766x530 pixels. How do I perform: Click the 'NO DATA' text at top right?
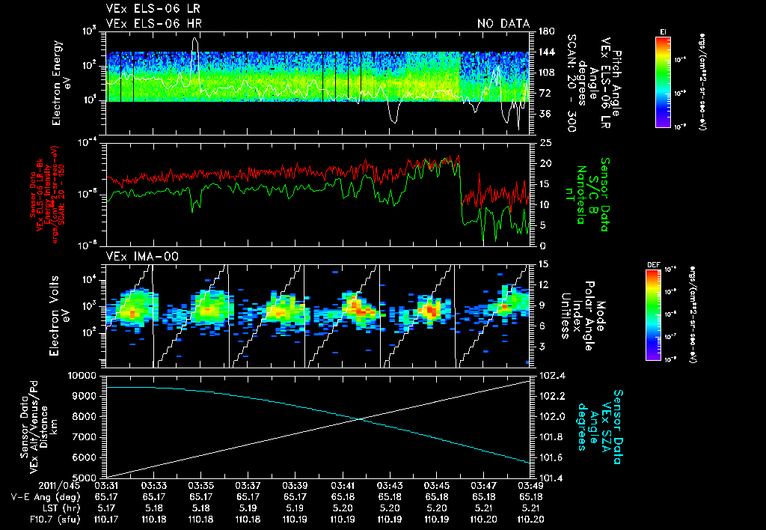[x=503, y=24]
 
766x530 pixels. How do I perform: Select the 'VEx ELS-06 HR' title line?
[x=153, y=24]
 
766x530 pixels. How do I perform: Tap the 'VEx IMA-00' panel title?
[x=137, y=257]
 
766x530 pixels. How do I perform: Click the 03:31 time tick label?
[x=107, y=485]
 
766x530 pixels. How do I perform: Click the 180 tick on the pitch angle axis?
[x=545, y=31]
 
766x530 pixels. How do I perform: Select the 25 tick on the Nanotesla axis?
[x=545, y=142]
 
